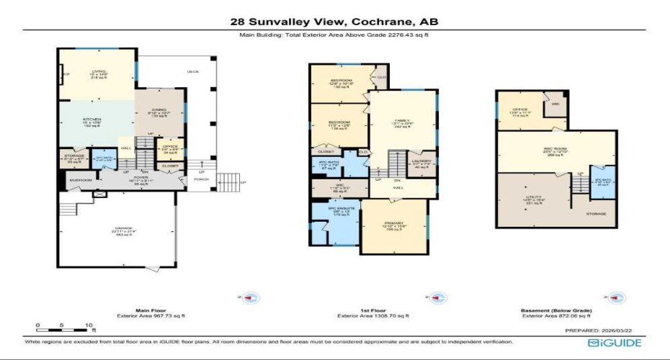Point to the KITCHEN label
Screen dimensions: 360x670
(91, 120)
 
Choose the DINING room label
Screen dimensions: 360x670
(158, 110)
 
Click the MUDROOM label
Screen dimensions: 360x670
(80, 180)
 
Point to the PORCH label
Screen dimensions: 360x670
(200, 180)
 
